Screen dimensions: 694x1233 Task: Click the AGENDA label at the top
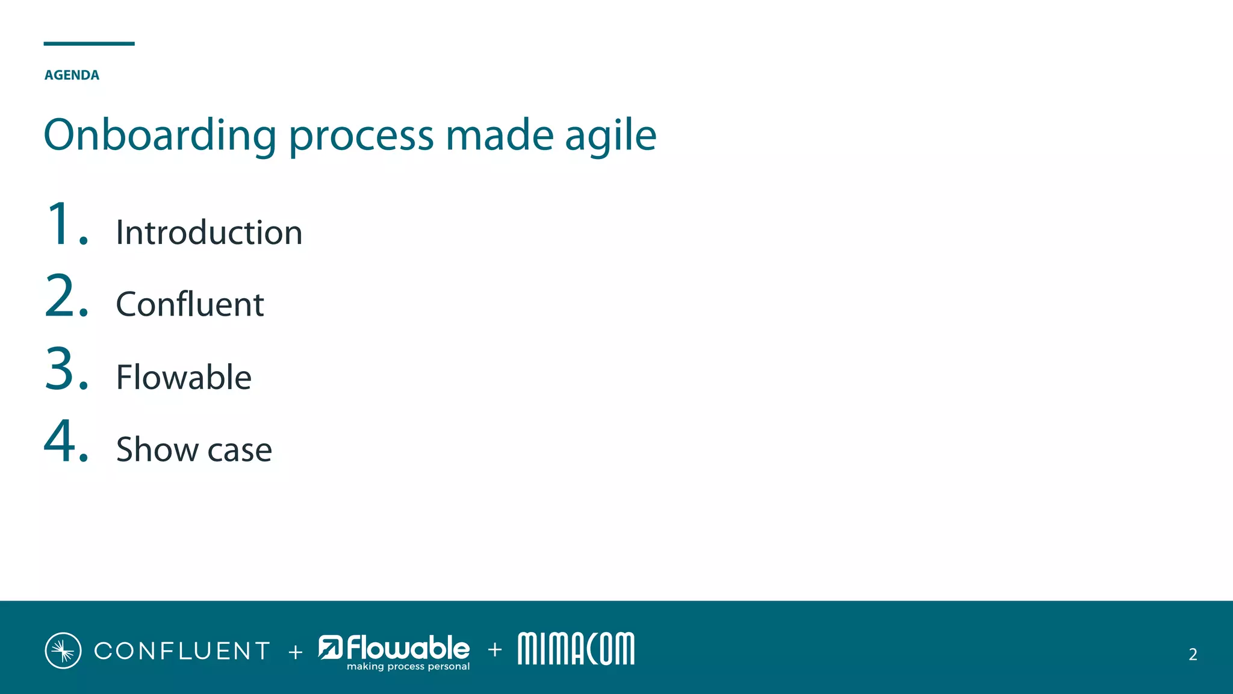(x=72, y=75)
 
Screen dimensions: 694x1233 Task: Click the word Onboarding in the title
(x=160, y=136)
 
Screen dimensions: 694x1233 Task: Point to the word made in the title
(x=499, y=136)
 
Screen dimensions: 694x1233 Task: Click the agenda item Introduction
(x=209, y=233)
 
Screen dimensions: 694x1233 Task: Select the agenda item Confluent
(x=190, y=304)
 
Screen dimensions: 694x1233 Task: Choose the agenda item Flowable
(x=184, y=377)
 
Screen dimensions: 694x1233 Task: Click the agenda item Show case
(x=194, y=449)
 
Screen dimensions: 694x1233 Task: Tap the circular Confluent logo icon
(x=63, y=651)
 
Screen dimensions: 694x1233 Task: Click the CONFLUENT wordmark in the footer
(x=182, y=651)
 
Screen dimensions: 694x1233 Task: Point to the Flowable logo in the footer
(x=394, y=648)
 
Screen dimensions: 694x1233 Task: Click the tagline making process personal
(x=408, y=666)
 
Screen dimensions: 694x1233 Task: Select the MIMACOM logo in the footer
(x=576, y=649)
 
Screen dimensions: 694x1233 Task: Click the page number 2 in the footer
(x=1193, y=654)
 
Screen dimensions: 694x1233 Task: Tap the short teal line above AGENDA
(x=89, y=43)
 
